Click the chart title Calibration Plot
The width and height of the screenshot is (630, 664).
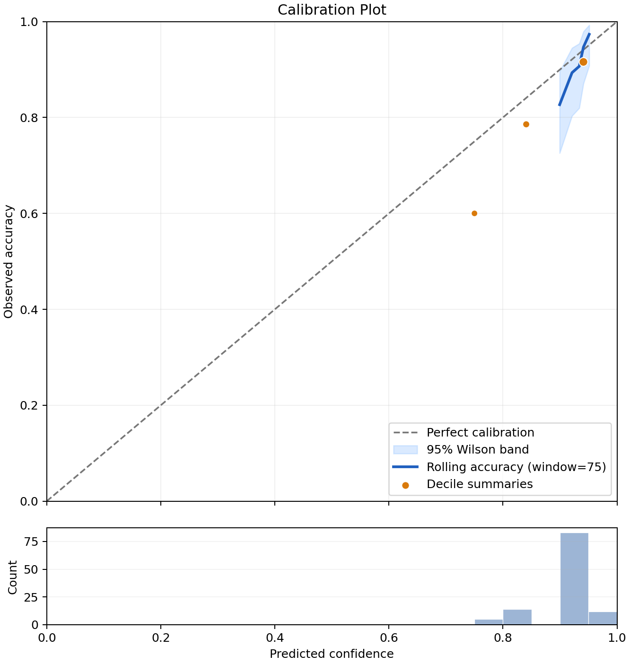(332, 10)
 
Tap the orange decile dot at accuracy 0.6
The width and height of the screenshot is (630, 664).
(474, 213)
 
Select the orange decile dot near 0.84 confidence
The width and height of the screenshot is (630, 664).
(525, 124)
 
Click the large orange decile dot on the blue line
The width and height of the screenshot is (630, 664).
(583, 62)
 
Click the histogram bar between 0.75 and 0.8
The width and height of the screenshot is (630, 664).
(489, 621)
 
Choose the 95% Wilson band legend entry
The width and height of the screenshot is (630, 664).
(461, 450)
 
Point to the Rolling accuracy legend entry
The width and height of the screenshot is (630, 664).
(499, 467)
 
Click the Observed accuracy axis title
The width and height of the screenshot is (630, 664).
(8, 261)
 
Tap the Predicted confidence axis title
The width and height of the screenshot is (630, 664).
(332, 654)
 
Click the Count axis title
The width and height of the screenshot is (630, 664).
(12, 577)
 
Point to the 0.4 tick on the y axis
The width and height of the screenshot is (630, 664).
(29, 309)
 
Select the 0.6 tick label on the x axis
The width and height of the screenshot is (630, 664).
(388, 638)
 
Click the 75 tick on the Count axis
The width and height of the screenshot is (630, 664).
(31, 542)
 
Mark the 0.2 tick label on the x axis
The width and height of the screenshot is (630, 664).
(160, 638)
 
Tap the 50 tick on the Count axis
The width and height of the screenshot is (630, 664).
(31, 569)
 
